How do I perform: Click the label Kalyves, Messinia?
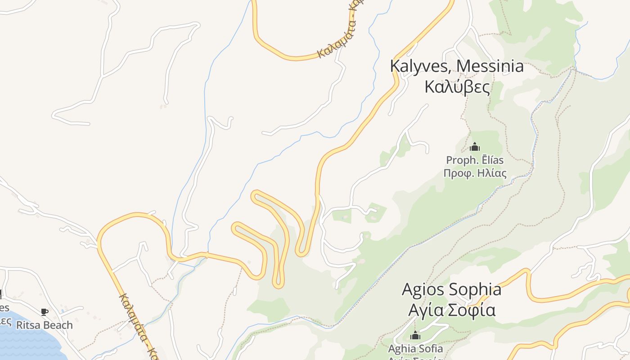[x=457, y=66]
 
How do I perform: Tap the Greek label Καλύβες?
[x=457, y=87]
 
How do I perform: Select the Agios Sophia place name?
[x=451, y=289]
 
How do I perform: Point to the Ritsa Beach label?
[x=44, y=325]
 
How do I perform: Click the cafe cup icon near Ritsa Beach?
[x=44, y=311]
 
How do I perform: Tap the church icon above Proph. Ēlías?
[x=475, y=147]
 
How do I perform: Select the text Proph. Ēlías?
[x=475, y=160]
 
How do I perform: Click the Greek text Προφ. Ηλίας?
[x=475, y=173]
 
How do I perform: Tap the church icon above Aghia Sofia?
[x=415, y=335]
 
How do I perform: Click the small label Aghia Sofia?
[x=415, y=348]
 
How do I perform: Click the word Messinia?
[x=490, y=66]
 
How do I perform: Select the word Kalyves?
[x=418, y=66]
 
